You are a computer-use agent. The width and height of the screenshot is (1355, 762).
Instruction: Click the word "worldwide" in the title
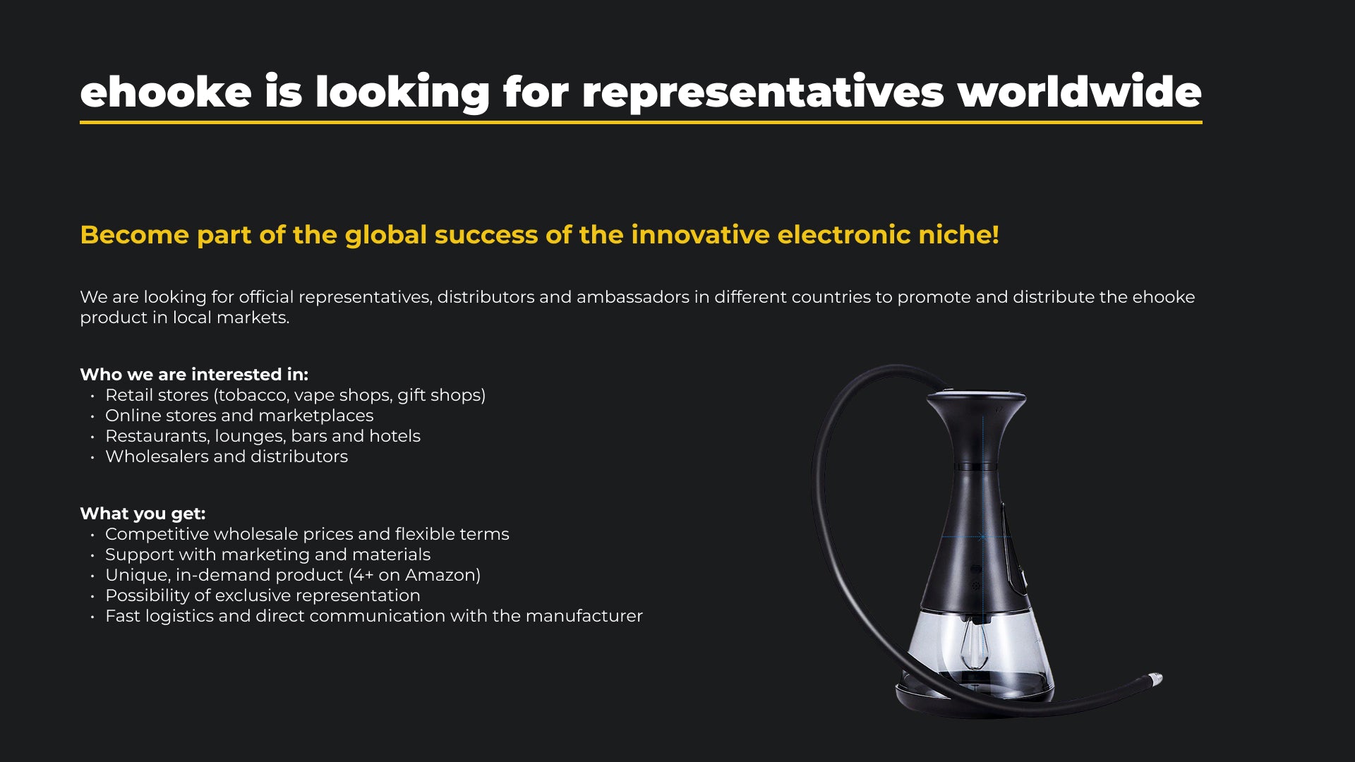(1079, 92)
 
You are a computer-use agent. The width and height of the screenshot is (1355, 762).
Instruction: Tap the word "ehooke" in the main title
(166, 92)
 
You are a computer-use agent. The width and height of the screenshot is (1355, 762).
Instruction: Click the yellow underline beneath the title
(641, 122)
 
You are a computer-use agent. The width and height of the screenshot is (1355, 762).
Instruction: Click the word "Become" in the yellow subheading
(135, 234)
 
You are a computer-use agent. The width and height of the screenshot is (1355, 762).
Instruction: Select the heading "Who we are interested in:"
(194, 374)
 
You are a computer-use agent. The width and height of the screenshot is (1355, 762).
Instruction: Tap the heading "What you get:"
(143, 514)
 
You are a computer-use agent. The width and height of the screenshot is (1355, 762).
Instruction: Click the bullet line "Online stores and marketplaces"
(239, 416)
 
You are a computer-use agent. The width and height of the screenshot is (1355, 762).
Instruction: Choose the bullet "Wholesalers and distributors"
(227, 456)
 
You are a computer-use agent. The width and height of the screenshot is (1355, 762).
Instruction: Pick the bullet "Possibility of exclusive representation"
(263, 595)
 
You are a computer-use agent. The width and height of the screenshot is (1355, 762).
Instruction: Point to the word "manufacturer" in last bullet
(584, 616)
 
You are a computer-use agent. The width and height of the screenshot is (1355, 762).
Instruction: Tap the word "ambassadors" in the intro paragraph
(632, 297)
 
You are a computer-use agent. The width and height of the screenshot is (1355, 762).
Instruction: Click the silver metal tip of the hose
(1155, 679)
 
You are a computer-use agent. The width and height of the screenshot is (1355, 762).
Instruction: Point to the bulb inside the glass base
(974, 646)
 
